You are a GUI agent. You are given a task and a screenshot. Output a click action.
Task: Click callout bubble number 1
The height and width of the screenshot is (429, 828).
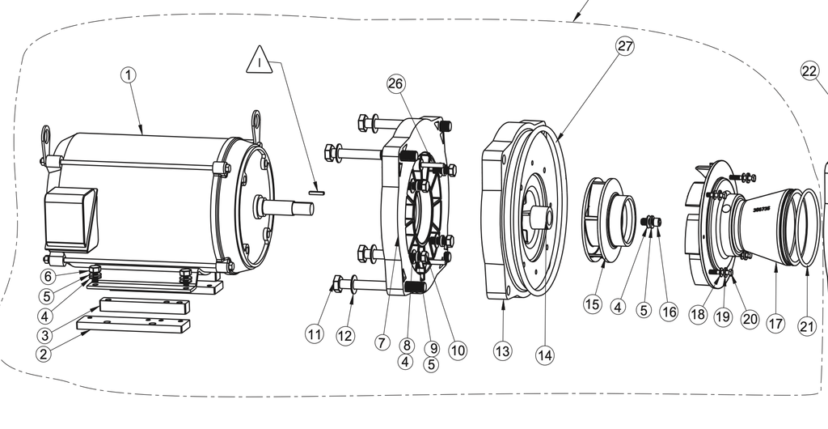[129, 74]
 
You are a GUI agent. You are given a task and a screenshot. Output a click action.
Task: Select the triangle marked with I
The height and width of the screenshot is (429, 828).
[260, 62]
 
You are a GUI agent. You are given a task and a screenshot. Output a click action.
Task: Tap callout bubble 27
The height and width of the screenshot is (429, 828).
[625, 46]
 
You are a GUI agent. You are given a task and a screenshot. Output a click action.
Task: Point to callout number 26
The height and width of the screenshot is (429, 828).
[395, 83]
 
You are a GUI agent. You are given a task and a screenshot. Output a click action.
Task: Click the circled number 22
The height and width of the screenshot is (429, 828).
[810, 70]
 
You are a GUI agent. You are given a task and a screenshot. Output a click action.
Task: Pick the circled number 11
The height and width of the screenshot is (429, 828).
[315, 333]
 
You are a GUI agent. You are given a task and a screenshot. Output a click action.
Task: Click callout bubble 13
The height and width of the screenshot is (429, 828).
[503, 350]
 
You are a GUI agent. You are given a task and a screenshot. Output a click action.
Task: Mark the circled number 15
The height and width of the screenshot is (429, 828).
[593, 304]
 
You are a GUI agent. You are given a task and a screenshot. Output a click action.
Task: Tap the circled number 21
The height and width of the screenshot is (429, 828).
[806, 325]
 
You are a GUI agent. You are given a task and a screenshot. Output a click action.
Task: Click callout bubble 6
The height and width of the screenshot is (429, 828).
[49, 277]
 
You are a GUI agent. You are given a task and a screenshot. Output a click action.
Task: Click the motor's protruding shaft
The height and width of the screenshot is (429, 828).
[287, 207]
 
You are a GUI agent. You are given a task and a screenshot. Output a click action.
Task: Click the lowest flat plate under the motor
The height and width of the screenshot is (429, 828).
[133, 326]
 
